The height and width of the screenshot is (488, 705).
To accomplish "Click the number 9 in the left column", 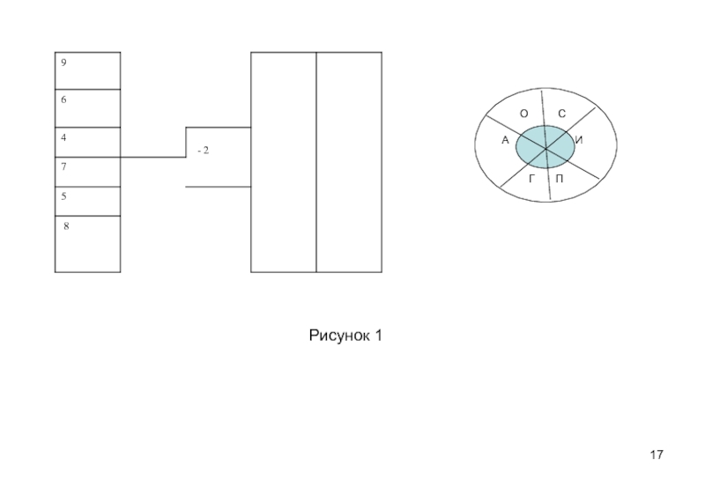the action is pyautogui.click(x=64, y=63).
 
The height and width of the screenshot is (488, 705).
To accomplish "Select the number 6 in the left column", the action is pyautogui.click(x=64, y=100).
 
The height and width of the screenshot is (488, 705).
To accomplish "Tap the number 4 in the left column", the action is pyautogui.click(x=64, y=137).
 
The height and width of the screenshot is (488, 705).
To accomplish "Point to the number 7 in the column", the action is pyautogui.click(x=64, y=166).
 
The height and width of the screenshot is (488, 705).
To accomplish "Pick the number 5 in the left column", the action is pyautogui.click(x=64, y=196).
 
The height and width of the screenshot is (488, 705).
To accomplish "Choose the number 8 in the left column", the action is pyautogui.click(x=66, y=226).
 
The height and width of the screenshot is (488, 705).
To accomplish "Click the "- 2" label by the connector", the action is pyautogui.click(x=203, y=151).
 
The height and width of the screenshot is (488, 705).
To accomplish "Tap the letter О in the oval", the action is pyautogui.click(x=523, y=114).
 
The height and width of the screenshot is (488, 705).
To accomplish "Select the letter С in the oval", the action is pyautogui.click(x=561, y=114).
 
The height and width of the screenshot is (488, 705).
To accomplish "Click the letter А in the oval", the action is pyautogui.click(x=505, y=140).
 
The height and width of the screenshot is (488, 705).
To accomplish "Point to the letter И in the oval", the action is pyautogui.click(x=578, y=140).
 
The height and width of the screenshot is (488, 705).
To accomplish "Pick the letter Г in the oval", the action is pyautogui.click(x=531, y=179).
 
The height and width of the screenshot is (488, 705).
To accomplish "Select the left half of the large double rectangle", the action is pyautogui.click(x=284, y=162).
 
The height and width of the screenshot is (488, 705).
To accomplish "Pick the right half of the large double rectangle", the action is pyautogui.click(x=349, y=162).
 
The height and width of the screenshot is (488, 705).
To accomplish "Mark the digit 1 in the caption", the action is pyautogui.click(x=378, y=336).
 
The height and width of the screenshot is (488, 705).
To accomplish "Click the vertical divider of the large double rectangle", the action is pyautogui.click(x=316, y=162).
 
